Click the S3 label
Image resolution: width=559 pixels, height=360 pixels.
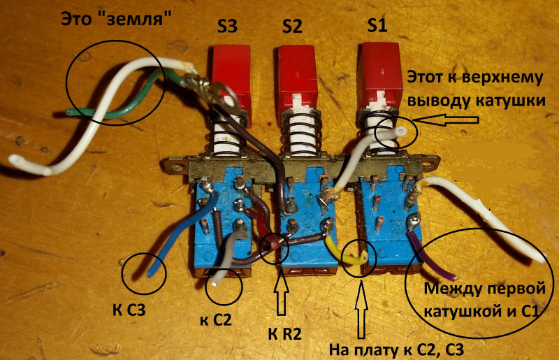click(x=228, y=26)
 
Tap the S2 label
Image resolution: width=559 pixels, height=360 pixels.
click(x=292, y=26)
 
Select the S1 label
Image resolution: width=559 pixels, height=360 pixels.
click(x=377, y=25)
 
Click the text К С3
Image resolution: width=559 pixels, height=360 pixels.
click(x=129, y=310)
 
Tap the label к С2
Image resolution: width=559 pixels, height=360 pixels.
click(x=216, y=319)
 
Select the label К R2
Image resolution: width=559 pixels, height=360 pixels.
click(x=285, y=334)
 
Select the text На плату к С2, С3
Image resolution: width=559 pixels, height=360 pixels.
click(x=396, y=350)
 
